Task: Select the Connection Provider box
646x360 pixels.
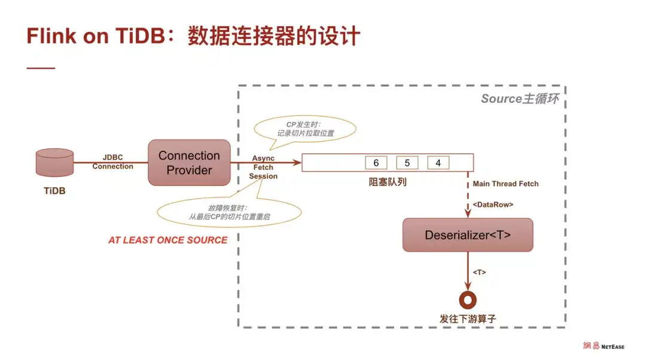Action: tap(189, 163)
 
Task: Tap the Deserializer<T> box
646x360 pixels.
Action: tap(467, 235)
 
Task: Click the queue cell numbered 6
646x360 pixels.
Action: tap(376, 163)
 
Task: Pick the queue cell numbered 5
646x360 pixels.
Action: tap(407, 163)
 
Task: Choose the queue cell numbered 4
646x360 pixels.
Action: tap(438, 163)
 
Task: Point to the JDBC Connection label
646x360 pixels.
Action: tap(112, 161)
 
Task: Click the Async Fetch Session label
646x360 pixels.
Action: tap(263, 167)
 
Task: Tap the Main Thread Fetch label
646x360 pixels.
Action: tap(505, 184)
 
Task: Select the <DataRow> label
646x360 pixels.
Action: tap(493, 205)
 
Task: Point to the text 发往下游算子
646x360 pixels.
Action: tap(467, 319)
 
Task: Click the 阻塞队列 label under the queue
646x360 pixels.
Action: tap(387, 182)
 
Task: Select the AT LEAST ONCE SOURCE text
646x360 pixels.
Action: tap(167, 240)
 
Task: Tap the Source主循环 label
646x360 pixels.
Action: tap(519, 99)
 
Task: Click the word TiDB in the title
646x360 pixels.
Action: tap(142, 36)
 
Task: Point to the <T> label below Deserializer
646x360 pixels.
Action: tap(479, 272)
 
